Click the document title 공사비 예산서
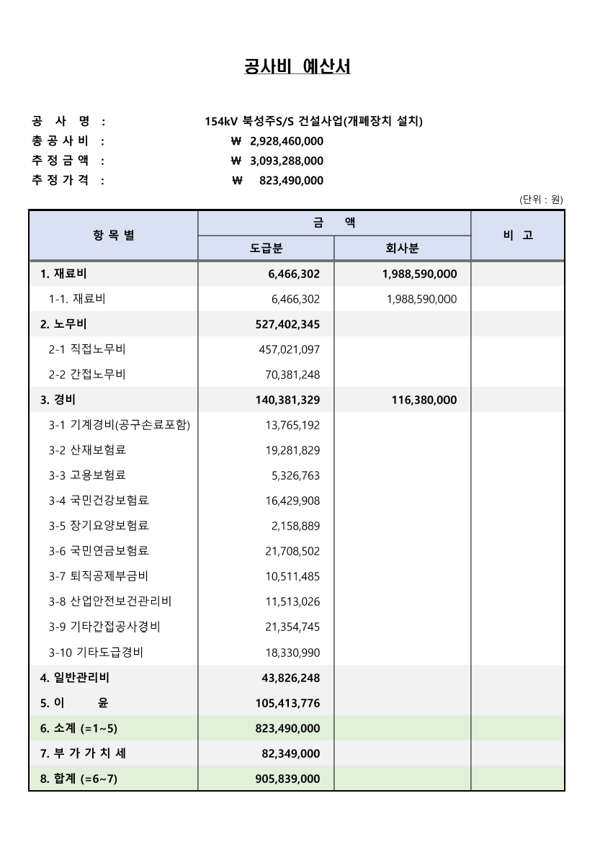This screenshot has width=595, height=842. pos(297,68)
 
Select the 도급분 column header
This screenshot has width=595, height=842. pos(266,248)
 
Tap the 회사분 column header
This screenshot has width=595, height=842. pos(402,248)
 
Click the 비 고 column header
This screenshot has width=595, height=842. pos(517,236)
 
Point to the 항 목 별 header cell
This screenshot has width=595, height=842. pos(113,236)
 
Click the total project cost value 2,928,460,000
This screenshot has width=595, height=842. pos(286,140)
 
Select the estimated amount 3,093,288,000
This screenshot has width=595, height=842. pos(286,161)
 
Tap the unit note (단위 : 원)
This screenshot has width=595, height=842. pos(541,199)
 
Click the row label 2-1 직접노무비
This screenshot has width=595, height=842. pos(87,349)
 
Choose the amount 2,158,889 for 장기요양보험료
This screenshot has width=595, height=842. pos(295,526)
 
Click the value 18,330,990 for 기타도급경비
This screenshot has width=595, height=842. pos(292,653)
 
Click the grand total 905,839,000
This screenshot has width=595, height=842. pos(287,779)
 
